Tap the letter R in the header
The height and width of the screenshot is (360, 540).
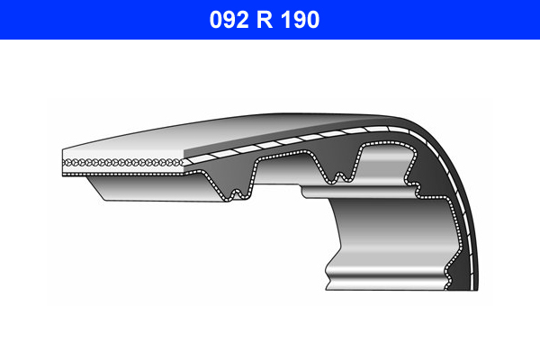point(270,20)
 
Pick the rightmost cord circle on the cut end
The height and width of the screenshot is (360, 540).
point(181,162)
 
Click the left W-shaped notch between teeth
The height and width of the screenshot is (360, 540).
point(235,191)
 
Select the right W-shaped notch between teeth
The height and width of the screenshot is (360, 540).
point(337,174)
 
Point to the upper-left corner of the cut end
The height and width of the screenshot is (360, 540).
point(63,149)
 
